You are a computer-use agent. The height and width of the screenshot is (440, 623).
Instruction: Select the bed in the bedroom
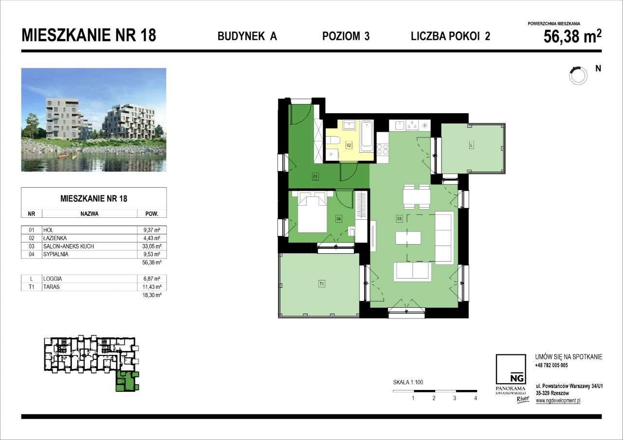(x=312, y=212)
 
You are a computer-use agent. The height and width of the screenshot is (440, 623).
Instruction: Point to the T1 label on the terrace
(x=321, y=284)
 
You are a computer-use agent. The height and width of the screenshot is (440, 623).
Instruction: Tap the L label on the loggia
(x=471, y=145)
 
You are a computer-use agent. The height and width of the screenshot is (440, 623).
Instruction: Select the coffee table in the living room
(x=408, y=238)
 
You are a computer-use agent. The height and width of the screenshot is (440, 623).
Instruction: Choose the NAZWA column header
(x=90, y=213)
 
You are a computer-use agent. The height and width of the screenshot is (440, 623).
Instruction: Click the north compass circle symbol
(x=578, y=75)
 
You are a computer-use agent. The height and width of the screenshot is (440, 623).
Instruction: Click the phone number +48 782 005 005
(x=551, y=365)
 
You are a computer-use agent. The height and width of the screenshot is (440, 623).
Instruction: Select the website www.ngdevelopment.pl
(x=558, y=401)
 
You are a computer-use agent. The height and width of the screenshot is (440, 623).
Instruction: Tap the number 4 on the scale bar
(x=475, y=398)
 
